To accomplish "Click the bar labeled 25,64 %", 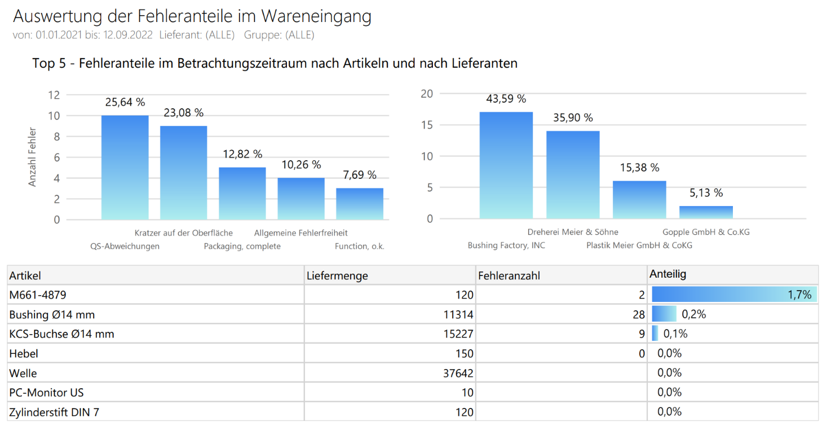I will click(125, 168).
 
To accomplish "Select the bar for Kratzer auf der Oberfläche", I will click(183, 173).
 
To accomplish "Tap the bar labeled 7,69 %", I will click(359, 204).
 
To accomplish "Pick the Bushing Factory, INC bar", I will click(506, 165).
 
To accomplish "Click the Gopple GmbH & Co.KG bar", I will click(706, 212).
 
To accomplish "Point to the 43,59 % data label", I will click(506, 99).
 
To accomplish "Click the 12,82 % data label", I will click(242, 154).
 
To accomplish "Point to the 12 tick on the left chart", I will click(54, 95).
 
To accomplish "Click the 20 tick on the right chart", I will click(427, 94).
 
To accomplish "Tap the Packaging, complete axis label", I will click(242, 247).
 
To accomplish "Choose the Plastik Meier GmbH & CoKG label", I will click(639, 245).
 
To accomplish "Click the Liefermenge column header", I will click(337, 276).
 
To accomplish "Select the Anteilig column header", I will click(668, 274).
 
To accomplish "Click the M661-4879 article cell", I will click(34, 295).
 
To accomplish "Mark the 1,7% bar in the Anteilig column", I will click(733, 295).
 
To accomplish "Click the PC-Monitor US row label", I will click(46, 393).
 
